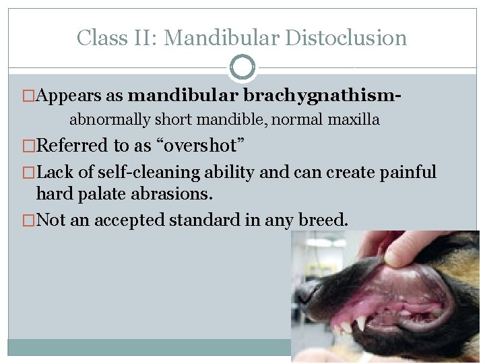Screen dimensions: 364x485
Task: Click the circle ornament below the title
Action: point(243,67)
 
